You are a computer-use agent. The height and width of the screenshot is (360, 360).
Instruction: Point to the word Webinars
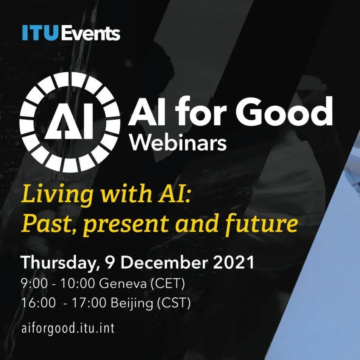coord(178,143)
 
